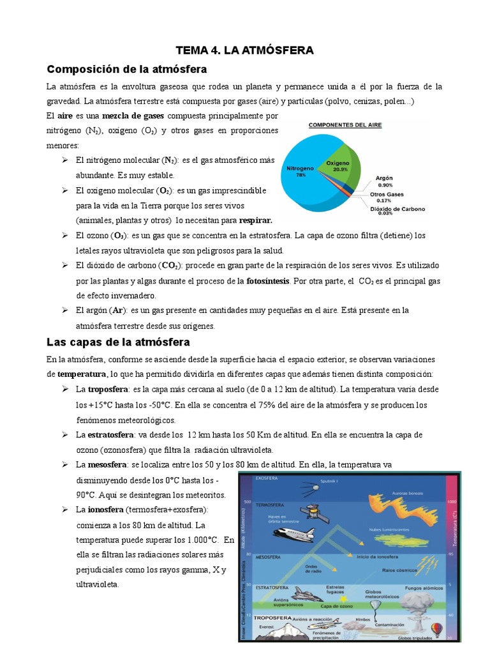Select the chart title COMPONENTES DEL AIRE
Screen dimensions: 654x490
pyautogui.click(x=345, y=125)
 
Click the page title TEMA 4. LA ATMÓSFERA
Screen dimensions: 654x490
pyautogui.click(x=245, y=50)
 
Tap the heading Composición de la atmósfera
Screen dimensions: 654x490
pyautogui.click(x=128, y=68)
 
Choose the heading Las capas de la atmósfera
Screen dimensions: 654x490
pyautogui.click(x=118, y=343)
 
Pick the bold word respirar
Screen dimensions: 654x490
pyautogui.click(x=255, y=220)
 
